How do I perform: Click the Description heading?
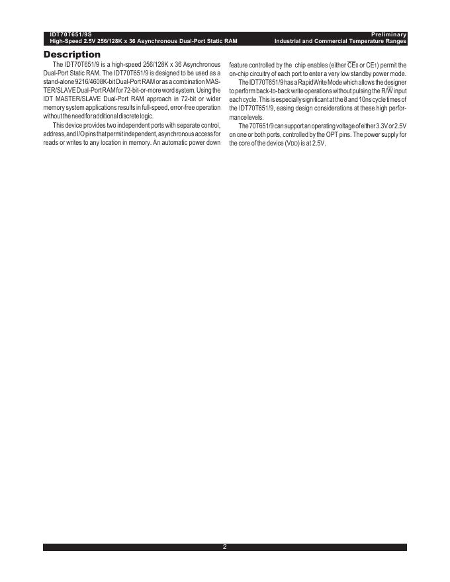point(72,54)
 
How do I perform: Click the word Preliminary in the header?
point(388,34)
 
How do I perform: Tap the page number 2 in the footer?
point(225,547)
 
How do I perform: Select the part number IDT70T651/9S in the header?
point(71,34)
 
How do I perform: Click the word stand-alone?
point(58,81)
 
